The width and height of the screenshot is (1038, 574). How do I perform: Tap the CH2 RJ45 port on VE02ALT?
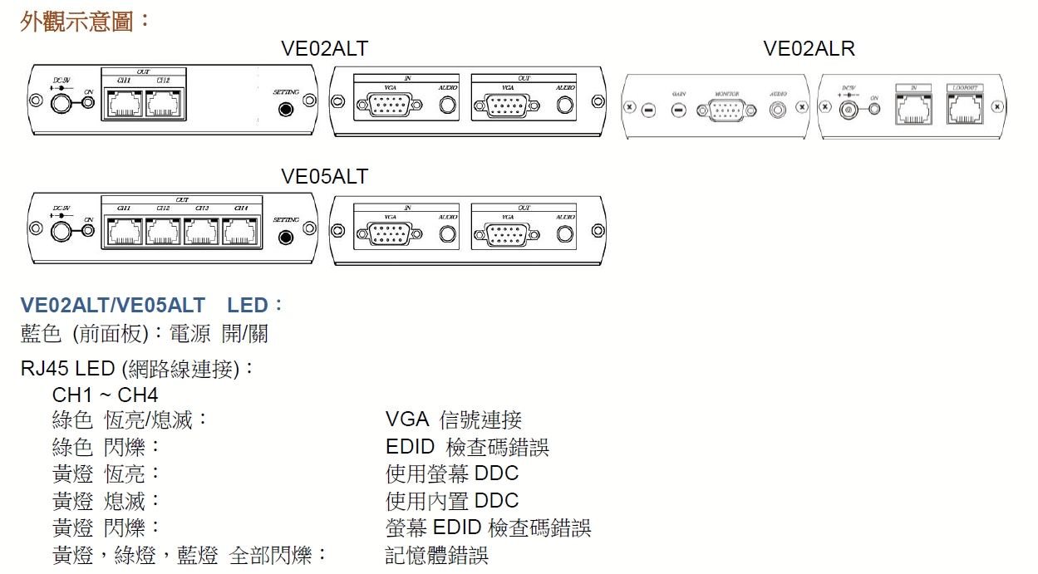coord(163,104)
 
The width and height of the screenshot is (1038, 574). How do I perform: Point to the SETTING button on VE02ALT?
coord(287,108)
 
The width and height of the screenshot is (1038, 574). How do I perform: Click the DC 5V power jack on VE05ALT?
coord(61,230)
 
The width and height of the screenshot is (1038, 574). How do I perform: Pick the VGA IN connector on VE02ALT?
coord(383,105)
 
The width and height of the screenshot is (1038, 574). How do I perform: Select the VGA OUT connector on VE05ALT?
coord(501,234)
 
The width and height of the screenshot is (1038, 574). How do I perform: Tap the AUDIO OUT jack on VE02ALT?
coord(565,105)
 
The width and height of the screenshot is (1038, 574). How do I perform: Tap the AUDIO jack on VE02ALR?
coord(778,109)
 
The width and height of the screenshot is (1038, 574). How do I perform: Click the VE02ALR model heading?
coord(809,49)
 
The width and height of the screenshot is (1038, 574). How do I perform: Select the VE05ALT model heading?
coord(324,177)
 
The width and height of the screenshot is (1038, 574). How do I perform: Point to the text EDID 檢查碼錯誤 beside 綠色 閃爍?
coord(467,448)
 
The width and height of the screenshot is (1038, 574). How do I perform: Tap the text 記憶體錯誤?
coord(437,555)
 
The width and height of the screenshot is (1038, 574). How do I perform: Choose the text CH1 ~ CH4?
coord(105,394)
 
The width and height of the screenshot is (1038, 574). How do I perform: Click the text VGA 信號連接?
coord(454,420)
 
